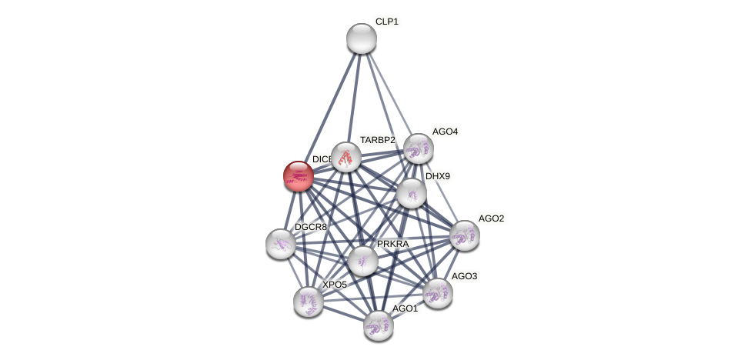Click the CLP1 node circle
pos(361,38)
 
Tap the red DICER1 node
pos(298,176)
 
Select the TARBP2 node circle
pos(346,157)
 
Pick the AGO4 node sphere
pos(418,148)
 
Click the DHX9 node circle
pos(412,192)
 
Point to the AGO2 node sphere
pos(464,235)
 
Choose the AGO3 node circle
pos(437,293)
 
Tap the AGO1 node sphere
pos(378,325)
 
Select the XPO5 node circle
pos(309,302)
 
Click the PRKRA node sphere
pos(362,261)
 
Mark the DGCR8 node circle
pos(281,244)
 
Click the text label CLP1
pos(386,22)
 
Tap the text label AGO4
pos(445,132)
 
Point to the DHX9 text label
pos(437,176)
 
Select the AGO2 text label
pos(491,218)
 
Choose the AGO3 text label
pos(464,276)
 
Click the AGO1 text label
pos(405,308)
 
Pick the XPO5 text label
pos(334,285)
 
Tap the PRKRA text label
pos(392,244)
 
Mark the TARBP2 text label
pos(377,140)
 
